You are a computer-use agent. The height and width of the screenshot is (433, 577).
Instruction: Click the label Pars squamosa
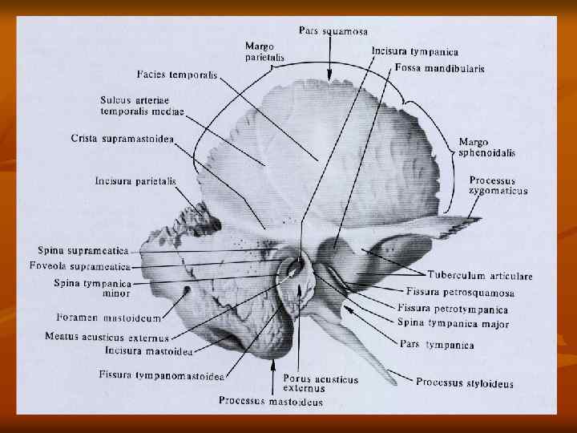point(333,31)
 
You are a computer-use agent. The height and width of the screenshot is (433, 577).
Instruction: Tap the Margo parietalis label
point(264,52)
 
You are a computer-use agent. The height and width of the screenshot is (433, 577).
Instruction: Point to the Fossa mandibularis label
point(439,69)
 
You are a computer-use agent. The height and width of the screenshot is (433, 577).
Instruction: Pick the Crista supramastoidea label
point(122,139)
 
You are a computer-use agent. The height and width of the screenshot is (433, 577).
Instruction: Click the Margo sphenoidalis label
point(486,147)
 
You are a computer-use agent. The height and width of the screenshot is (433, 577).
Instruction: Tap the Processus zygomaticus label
point(498,186)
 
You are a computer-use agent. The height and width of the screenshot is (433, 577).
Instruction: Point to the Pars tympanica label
point(437,346)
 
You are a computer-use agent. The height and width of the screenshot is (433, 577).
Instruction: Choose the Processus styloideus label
point(464,383)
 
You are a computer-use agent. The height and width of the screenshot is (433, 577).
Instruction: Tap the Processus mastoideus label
point(271,400)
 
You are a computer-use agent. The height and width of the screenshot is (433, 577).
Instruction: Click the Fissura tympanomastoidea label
point(161,374)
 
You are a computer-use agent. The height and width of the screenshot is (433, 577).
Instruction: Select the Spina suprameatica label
point(84,251)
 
